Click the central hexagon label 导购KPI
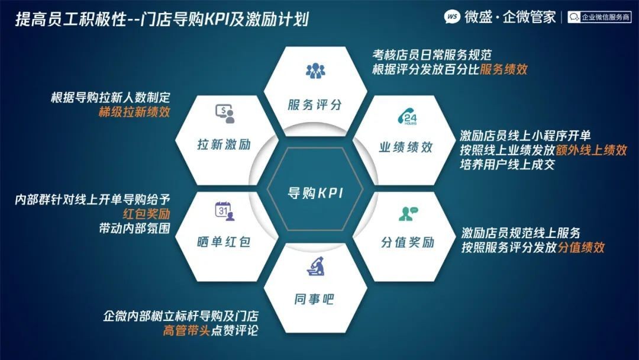[x=315, y=193]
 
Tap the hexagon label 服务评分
[x=315, y=105]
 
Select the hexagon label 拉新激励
[x=224, y=144]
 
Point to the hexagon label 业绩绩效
[x=405, y=147]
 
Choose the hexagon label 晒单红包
[x=224, y=242]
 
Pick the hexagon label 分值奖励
[x=408, y=242]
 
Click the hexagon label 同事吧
[x=314, y=300]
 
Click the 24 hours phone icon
[x=408, y=117]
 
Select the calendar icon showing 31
[x=225, y=211]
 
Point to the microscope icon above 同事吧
[x=315, y=266]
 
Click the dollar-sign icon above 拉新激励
[x=225, y=114]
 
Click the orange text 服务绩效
[x=504, y=69]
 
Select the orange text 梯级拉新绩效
[x=134, y=112]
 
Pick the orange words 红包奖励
[x=146, y=214]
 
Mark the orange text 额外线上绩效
[x=591, y=150]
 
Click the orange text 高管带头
[x=186, y=330]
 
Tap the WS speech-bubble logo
[x=452, y=17]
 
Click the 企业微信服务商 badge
[x=599, y=17]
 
